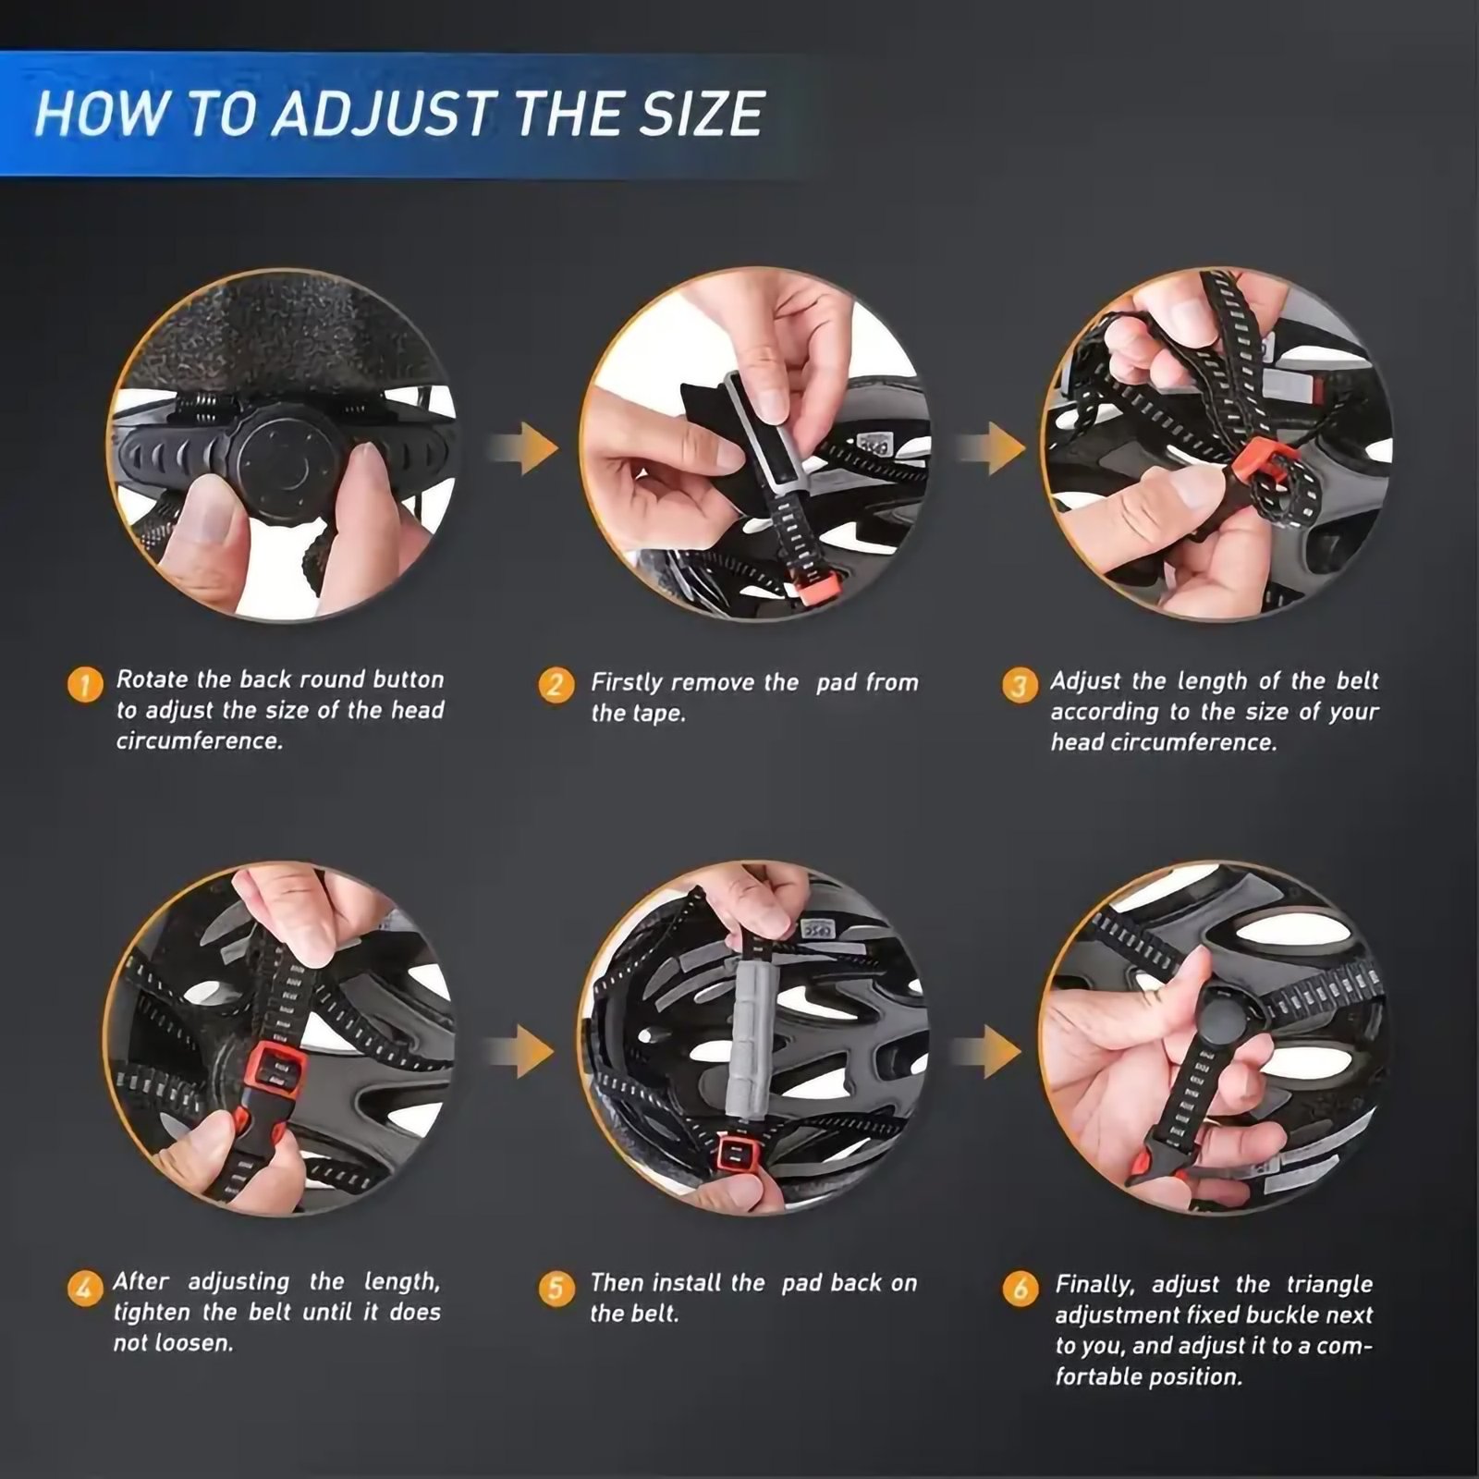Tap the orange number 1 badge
85,684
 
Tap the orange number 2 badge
556,685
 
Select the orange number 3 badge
1020,686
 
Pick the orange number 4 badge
85,1287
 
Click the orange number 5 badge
556,1288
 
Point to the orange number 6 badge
1021,1289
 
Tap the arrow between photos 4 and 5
522,1052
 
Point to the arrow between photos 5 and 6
989,1052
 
